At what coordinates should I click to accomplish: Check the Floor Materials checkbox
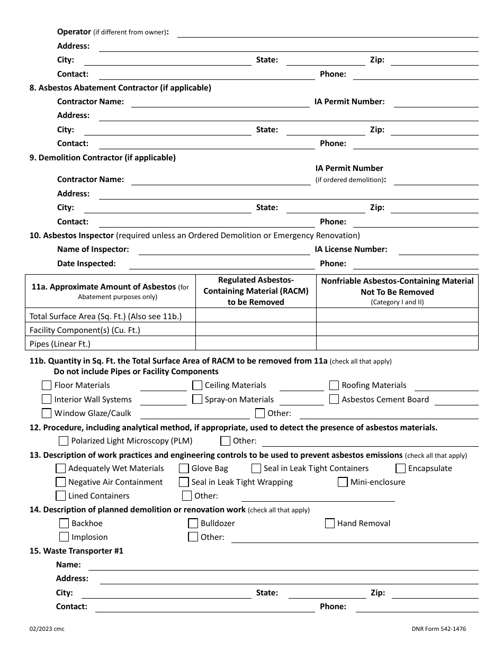pyautogui.click(x=47, y=385)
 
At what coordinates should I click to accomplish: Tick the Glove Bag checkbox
pyautogui.click(x=184, y=468)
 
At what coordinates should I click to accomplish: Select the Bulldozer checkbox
pyautogui.click(x=193, y=523)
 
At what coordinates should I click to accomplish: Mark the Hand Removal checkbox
pyautogui.click(x=329, y=523)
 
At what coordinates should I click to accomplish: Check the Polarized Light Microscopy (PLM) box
pyautogui.click(x=64, y=441)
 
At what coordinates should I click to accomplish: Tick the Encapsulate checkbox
pyautogui.click(x=400, y=468)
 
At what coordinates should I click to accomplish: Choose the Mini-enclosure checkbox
pyautogui.click(x=343, y=482)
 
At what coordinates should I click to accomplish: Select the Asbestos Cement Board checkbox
pyautogui.click(x=334, y=399)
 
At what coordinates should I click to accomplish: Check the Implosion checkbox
pyautogui.click(x=64, y=537)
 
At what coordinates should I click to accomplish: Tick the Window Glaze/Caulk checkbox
pyautogui.click(x=47, y=413)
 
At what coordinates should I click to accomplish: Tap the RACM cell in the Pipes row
pyautogui.click(x=256, y=343)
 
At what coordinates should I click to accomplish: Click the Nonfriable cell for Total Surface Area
pyautogui.click(x=397, y=315)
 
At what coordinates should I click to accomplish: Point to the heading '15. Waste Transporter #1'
pyautogui.click(x=76, y=551)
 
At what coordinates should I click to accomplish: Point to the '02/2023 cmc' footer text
pyautogui.click(x=47, y=629)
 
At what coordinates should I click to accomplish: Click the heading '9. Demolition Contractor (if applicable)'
pyautogui.click(x=102, y=157)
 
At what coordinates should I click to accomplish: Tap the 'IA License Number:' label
pyautogui.click(x=351, y=249)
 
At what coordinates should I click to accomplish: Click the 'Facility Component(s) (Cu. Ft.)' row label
pyautogui.click(x=85, y=330)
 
